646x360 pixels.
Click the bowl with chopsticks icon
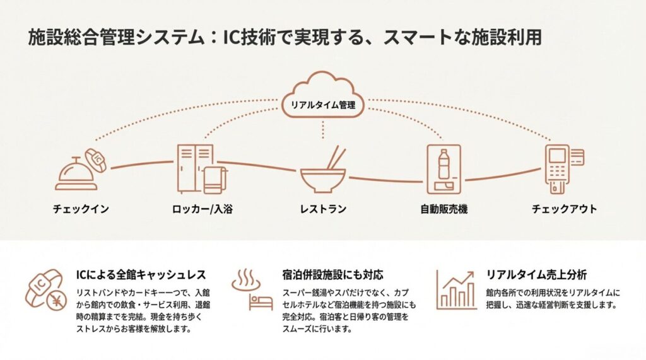[323, 173]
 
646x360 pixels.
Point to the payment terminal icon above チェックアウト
[558, 166]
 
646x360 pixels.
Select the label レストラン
[323, 209]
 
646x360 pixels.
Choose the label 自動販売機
[444, 209]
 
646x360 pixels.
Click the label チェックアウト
[564, 209]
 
